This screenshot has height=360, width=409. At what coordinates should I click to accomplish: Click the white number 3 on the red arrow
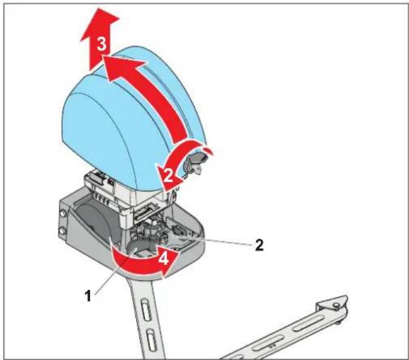[101, 44]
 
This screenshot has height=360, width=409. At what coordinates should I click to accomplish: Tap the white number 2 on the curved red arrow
[168, 175]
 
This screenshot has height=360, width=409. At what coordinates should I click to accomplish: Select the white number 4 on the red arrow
[163, 258]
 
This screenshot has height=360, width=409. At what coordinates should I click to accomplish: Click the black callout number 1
[88, 296]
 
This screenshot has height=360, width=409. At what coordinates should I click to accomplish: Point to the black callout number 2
[259, 245]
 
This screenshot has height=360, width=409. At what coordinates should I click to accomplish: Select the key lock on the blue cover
[195, 162]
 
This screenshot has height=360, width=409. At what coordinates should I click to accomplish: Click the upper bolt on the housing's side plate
[63, 213]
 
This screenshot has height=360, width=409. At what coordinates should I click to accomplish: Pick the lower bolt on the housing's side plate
[63, 231]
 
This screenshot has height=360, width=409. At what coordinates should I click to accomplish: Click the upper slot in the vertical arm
[146, 311]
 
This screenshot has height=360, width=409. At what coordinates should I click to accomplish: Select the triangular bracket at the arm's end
[332, 303]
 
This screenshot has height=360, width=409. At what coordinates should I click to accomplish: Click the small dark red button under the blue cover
[111, 182]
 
